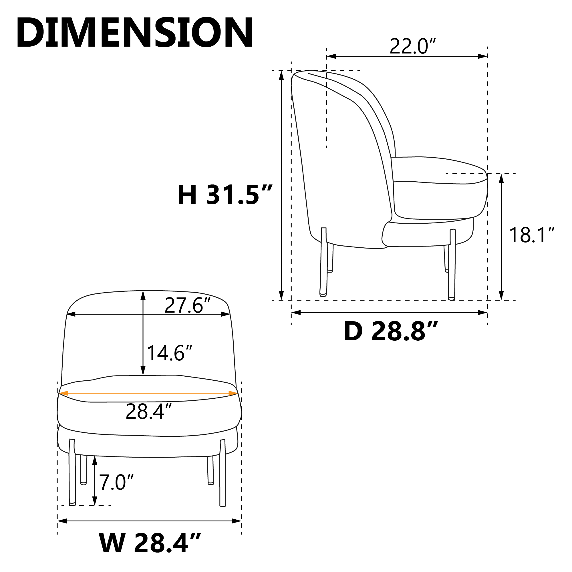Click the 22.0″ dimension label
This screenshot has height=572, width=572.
pyautogui.click(x=413, y=47)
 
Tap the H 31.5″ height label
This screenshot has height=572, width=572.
pyautogui.click(x=225, y=194)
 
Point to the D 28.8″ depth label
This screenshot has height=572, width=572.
pyautogui.click(x=391, y=331)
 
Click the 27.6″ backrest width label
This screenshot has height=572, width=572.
pyautogui.click(x=188, y=305)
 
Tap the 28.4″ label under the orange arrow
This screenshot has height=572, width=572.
pyautogui.click(x=149, y=412)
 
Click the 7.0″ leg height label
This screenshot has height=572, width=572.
pyautogui.click(x=116, y=482)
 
